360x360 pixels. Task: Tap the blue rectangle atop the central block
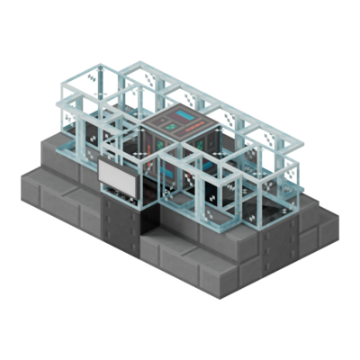[185, 118]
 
